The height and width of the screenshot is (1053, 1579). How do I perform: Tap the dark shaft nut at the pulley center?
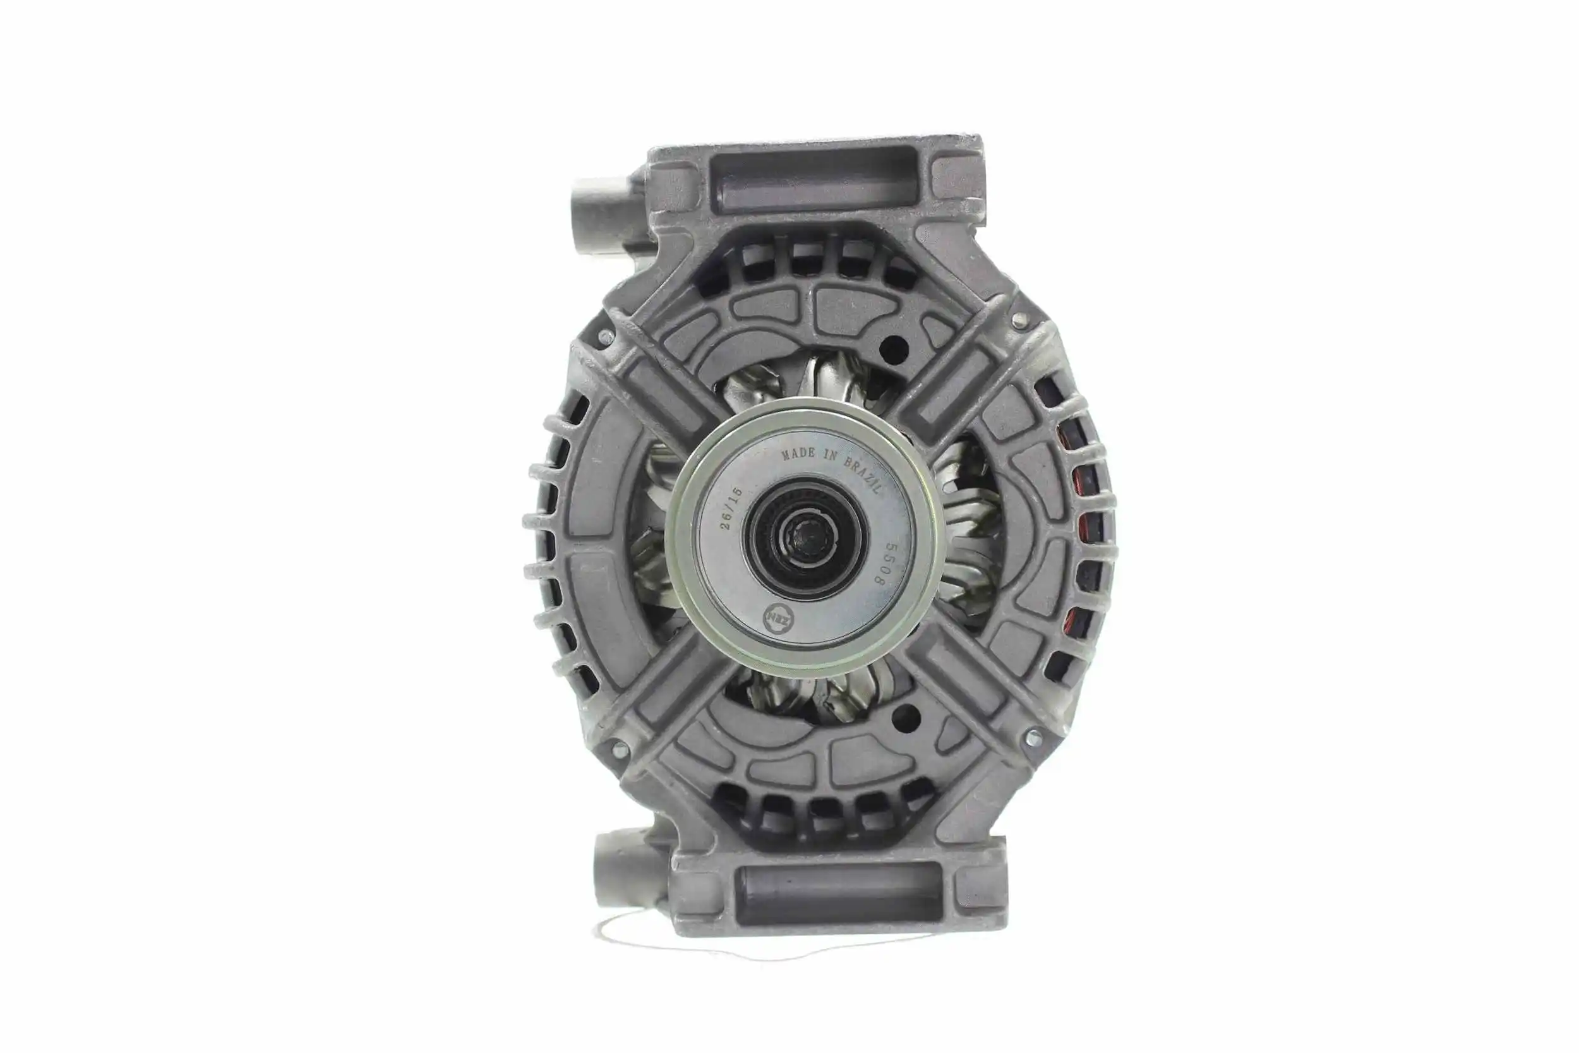click(x=810, y=538)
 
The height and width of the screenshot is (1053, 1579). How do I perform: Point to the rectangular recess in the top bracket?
click(x=815, y=181)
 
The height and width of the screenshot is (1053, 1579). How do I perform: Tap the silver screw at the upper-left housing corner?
click(x=606, y=337)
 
